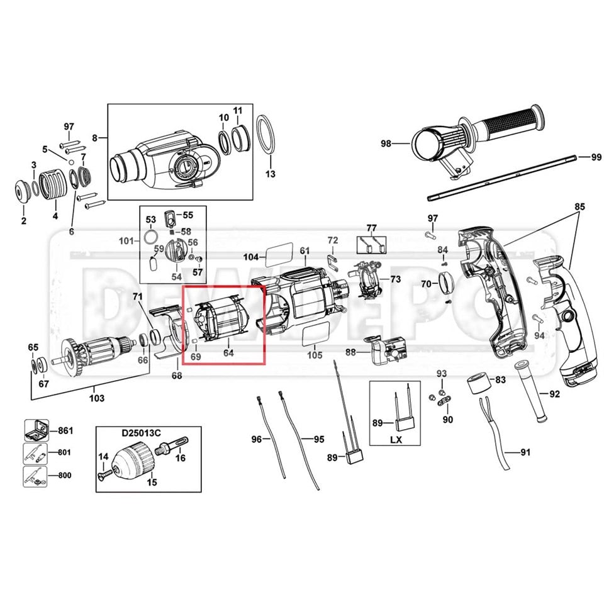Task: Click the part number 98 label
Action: [x=386, y=143]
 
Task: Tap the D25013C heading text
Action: [x=142, y=433]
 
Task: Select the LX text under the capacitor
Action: [x=396, y=439]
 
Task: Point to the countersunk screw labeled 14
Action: [x=105, y=473]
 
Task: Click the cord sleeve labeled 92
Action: [x=532, y=391]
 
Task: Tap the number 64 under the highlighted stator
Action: [x=228, y=352]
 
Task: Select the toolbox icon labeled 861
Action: [x=36, y=430]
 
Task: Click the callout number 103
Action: [x=96, y=398]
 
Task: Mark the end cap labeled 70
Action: [x=447, y=284]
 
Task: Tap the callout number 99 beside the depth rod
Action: [x=596, y=157]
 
